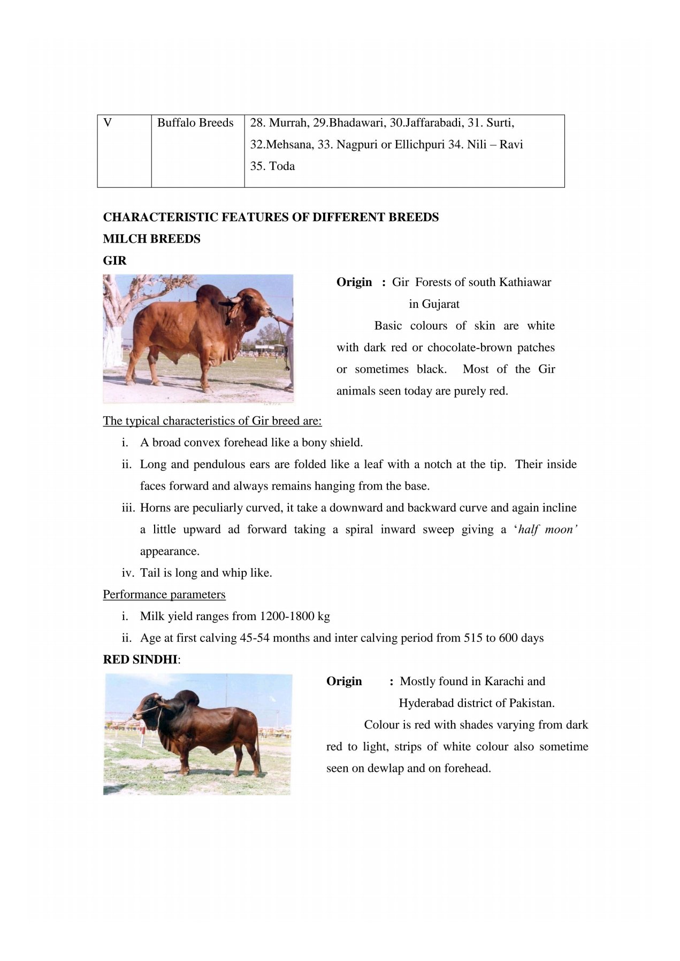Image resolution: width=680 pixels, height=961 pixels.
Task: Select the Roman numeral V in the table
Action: [108, 123]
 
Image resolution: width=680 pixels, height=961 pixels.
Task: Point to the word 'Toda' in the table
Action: [282, 166]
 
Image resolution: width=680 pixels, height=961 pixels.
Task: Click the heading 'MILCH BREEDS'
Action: [151, 239]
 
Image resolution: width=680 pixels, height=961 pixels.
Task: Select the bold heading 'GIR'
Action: [114, 261]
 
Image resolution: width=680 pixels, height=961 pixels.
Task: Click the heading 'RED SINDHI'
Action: [140, 660]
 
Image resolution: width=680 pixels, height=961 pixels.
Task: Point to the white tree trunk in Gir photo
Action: [113, 342]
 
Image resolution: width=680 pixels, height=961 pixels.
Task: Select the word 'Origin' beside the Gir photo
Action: [354, 282]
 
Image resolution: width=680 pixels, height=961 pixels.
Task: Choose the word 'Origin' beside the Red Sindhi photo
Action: [344, 681]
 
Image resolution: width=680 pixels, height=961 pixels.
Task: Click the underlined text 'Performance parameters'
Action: [164, 595]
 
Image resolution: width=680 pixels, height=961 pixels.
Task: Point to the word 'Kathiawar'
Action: [525, 282]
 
